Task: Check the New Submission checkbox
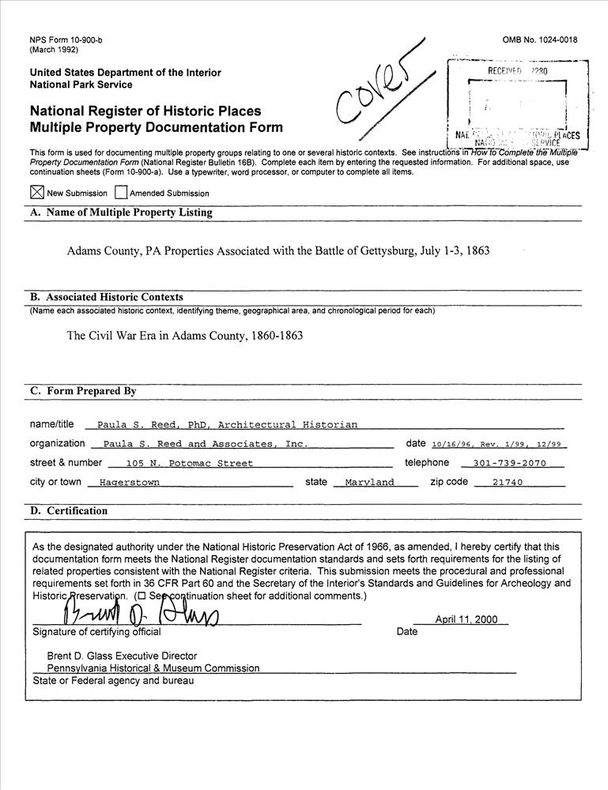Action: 36,192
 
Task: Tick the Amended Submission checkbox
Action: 121,192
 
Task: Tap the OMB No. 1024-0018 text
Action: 539,40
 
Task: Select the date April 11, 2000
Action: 466,619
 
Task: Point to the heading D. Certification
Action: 69,511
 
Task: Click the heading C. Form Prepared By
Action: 83,391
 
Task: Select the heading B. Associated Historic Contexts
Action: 107,297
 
